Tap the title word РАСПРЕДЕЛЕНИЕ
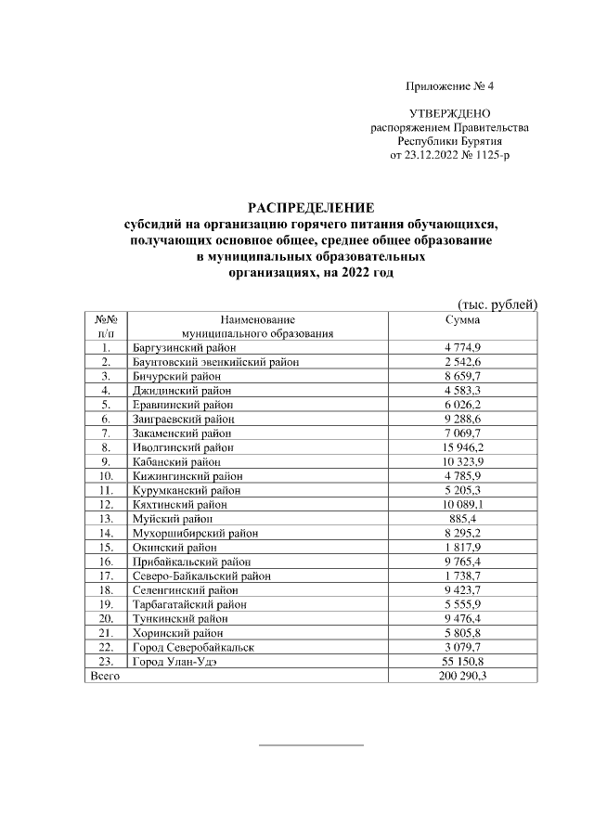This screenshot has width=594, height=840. [311, 207]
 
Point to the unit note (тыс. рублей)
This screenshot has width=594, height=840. [497, 304]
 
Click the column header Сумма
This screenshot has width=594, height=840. [463, 318]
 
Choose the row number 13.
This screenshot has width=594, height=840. [107, 518]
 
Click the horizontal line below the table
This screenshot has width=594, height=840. [311, 744]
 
